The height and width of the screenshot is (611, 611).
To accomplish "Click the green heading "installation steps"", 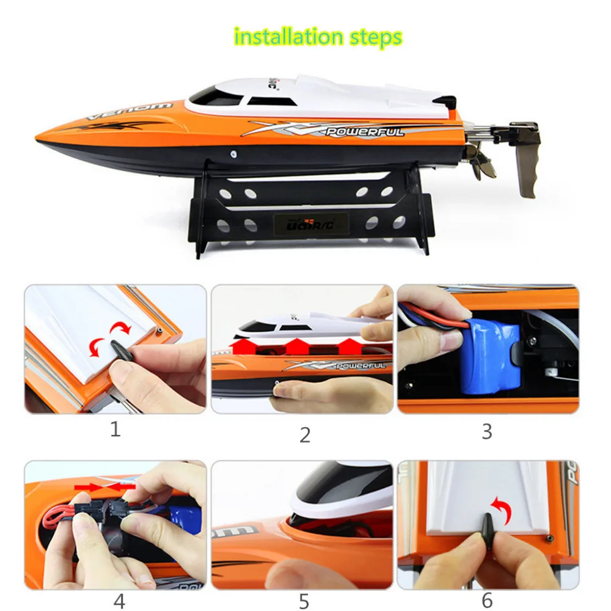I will tap(318, 37).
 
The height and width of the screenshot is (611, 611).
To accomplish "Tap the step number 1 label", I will tap(115, 429).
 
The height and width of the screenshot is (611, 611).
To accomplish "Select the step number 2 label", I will tap(305, 434).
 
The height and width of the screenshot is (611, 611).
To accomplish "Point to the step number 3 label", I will tap(486, 431).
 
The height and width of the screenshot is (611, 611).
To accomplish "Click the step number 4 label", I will tap(120, 601).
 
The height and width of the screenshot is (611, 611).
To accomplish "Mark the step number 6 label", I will tap(487, 600).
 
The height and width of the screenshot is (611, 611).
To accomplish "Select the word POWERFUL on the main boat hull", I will tap(365, 132).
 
